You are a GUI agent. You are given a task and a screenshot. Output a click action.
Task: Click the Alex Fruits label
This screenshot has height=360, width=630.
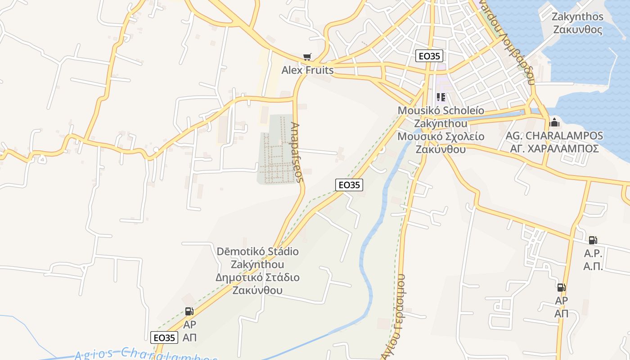pyautogui.click(x=308, y=70)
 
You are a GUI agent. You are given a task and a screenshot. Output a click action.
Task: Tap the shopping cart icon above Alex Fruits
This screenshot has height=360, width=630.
pyautogui.click(x=307, y=57)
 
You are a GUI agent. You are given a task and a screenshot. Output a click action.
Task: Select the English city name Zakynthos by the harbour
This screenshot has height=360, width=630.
pyautogui.click(x=578, y=17)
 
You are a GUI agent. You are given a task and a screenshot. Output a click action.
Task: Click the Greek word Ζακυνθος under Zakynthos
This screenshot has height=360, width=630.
pyautogui.click(x=578, y=30)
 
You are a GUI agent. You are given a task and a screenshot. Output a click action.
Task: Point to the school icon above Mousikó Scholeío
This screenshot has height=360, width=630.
pyautogui.click(x=441, y=97)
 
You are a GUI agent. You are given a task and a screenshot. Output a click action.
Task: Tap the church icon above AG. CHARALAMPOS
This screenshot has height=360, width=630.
pyautogui.click(x=554, y=122)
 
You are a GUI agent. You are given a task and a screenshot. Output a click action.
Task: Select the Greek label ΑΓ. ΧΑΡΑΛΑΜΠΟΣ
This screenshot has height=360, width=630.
pyautogui.click(x=554, y=148)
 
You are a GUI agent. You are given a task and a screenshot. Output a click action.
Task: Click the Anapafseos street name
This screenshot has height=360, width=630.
pyautogui.click(x=297, y=152)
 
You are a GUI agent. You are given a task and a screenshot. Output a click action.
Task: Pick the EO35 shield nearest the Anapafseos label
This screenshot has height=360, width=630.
pyautogui.click(x=349, y=184)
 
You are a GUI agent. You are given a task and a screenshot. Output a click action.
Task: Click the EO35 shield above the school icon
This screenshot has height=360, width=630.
pyautogui.click(x=429, y=56)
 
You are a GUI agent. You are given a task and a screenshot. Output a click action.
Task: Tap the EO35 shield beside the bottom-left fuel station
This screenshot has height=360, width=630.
pyautogui.click(x=164, y=337)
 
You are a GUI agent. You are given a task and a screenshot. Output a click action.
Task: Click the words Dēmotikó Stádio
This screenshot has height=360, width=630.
pyautogui.click(x=258, y=251)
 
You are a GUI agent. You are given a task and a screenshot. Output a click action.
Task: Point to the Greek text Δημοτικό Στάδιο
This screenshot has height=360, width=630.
pyautogui.click(x=258, y=277)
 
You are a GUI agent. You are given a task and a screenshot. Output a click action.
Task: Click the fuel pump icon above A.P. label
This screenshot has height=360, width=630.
pyautogui.click(x=593, y=241)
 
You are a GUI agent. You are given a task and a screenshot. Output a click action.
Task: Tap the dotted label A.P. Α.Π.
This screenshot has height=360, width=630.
pyautogui.click(x=593, y=260)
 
